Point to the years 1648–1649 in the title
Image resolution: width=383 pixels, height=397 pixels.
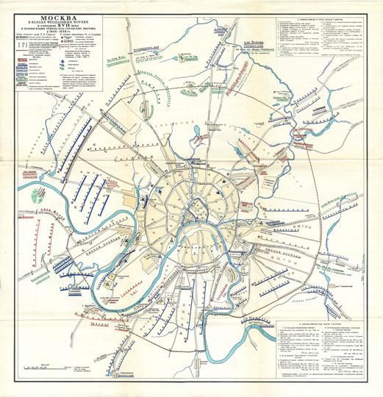pyautogui.click(x=62, y=36)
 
